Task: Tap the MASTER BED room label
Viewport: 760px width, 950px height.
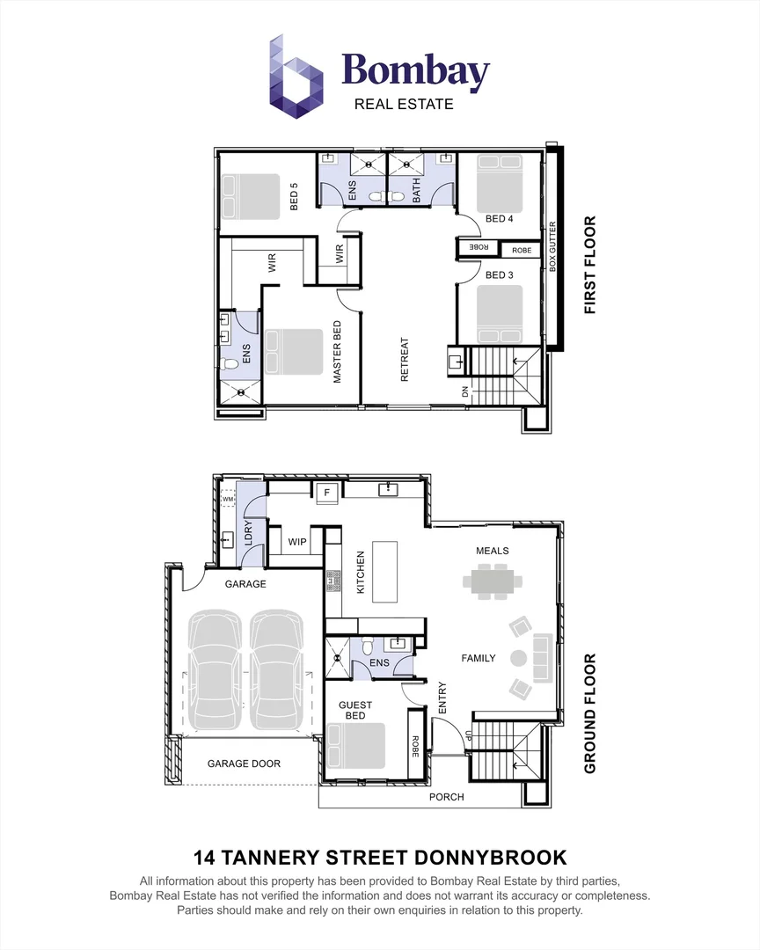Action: (x=336, y=352)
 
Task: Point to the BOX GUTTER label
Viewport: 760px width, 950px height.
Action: (x=553, y=245)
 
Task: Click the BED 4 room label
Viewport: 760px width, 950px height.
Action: (x=499, y=219)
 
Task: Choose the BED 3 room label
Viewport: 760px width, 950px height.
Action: (x=499, y=275)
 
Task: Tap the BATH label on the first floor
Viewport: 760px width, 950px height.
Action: (x=416, y=188)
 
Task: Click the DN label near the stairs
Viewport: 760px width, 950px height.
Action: (x=465, y=392)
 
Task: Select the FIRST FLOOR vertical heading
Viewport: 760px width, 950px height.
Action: (x=590, y=265)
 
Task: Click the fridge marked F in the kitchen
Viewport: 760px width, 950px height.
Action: (x=326, y=493)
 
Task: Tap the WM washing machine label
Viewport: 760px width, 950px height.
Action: (x=228, y=500)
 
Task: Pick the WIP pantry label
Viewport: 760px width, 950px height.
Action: (x=297, y=542)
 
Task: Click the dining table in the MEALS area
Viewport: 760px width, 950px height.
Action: (x=493, y=580)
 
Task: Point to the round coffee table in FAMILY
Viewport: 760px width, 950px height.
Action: (x=518, y=657)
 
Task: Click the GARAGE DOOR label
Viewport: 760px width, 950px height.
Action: (x=244, y=764)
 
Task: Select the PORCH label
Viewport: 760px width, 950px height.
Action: (x=446, y=797)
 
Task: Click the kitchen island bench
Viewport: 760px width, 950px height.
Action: (x=385, y=571)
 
